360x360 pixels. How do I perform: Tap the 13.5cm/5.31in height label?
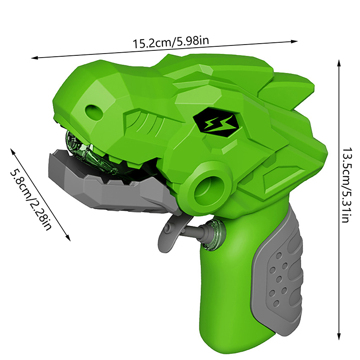point(345,185)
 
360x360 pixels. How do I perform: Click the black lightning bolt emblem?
point(216,122)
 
